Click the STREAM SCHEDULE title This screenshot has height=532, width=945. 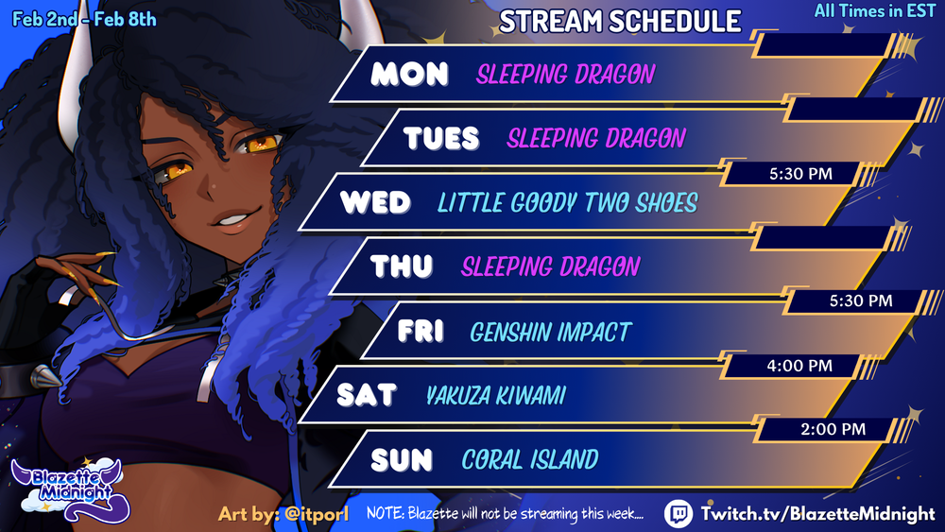pos(620,22)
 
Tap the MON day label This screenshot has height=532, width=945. pos(409,74)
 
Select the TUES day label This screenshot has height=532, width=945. pos(441,138)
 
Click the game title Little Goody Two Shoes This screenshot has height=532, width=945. pos(567,203)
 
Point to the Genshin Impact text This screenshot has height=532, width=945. pos(550,332)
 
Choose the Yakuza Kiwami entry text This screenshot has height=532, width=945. pos(495,396)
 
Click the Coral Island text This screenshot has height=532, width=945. pos(530,459)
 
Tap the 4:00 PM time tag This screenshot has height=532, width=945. pos(799,366)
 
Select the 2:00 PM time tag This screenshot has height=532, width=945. pos(833,430)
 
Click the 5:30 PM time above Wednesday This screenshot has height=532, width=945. pos(800,174)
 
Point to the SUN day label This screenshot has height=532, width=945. pos(402,460)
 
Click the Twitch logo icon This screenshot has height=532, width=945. pos(679,514)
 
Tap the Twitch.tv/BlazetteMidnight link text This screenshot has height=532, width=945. pos(817,514)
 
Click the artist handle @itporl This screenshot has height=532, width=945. pos(317,514)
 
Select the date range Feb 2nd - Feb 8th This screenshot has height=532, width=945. pos(84,19)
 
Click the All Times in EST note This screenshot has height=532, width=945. pos(874,10)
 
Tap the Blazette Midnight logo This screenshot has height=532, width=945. pos(69,489)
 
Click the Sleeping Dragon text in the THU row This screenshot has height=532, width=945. pos(550,266)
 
